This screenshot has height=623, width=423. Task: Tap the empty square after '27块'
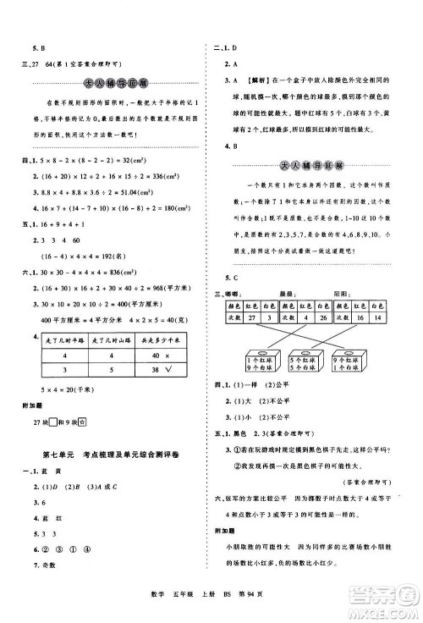tap(54, 447)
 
